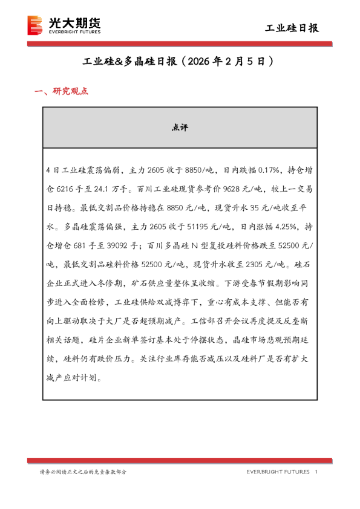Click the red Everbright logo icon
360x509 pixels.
pos(36,25)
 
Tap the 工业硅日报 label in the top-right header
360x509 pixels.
pos(293,28)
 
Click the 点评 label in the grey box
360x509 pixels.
pos(180,128)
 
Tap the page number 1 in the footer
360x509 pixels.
pos(316,472)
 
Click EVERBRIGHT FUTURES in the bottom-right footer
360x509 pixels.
pos(278,472)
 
